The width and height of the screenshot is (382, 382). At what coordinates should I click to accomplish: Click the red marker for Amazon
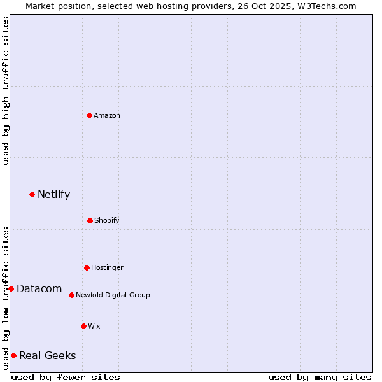pyautogui.click(x=89, y=115)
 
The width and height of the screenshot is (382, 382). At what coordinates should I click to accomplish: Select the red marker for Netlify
pyautogui.click(x=32, y=194)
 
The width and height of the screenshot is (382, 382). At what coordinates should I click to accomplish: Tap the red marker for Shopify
pyautogui.click(x=90, y=220)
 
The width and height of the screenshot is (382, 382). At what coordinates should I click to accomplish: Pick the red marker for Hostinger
pyautogui.click(x=87, y=267)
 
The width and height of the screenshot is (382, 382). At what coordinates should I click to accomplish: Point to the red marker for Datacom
pyautogui.click(x=11, y=288)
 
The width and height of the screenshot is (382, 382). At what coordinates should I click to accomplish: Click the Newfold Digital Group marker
pyautogui.click(x=71, y=295)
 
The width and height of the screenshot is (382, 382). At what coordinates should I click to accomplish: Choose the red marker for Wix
pyautogui.click(x=83, y=326)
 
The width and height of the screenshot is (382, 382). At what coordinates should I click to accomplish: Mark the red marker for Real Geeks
pyautogui.click(x=13, y=355)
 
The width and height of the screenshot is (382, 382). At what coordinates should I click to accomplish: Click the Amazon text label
pyautogui.click(x=107, y=115)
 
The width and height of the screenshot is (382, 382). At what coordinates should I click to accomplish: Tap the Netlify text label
pyautogui.click(x=53, y=194)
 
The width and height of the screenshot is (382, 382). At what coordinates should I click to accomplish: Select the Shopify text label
pyautogui.click(x=107, y=220)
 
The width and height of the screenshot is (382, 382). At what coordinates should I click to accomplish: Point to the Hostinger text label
pyautogui.click(x=107, y=267)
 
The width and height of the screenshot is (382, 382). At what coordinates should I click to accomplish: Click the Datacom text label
pyautogui.click(x=39, y=288)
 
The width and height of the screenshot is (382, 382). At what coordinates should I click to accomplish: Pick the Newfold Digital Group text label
pyautogui.click(x=113, y=295)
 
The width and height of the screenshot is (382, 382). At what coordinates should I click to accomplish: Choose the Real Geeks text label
pyautogui.click(x=47, y=355)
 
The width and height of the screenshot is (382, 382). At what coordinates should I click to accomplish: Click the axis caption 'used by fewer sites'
pyautogui.click(x=66, y=377)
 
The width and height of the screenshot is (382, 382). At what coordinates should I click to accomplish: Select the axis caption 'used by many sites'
pyautogui.click(x=320, y=377)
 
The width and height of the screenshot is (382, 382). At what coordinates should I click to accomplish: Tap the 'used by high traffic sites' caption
pyautogui.click(x=6, y=90)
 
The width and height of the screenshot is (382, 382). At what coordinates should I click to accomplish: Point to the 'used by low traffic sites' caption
pyautogui.click(x=6, y=297)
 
